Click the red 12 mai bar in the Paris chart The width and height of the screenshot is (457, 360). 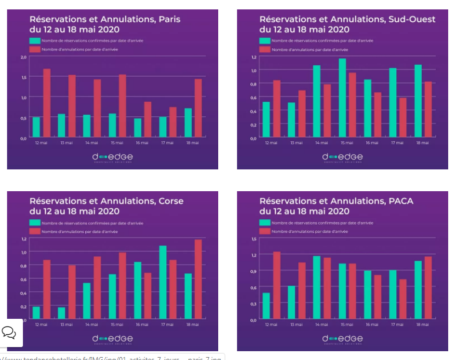46,104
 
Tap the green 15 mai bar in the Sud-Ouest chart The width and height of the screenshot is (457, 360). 342,98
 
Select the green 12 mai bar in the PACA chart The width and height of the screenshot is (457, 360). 266,306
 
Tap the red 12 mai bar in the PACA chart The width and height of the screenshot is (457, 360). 276,285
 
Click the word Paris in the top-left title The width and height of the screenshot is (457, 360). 168,19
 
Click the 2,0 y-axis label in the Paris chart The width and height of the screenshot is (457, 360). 24,57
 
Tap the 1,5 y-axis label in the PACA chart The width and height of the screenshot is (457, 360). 253,239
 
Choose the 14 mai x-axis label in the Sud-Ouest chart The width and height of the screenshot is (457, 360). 321,143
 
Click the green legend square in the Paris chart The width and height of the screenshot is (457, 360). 36,41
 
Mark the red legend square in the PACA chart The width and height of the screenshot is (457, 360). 266,231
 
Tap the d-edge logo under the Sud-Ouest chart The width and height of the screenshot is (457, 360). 342,157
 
